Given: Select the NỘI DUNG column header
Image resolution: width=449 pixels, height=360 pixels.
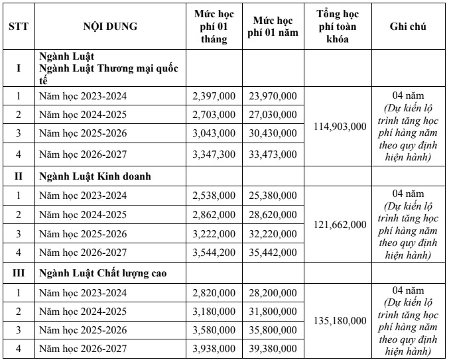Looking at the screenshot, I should pos(110,27).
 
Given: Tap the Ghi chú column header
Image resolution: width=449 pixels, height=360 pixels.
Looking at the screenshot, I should pos(408,27).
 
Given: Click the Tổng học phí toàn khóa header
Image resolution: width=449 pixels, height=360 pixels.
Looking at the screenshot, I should pos(342,27).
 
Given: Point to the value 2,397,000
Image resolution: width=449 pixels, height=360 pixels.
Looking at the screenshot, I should pos(213,96).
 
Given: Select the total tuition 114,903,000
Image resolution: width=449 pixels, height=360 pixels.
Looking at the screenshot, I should pos(342,126).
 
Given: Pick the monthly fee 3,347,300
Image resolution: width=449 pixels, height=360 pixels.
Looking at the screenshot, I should pos(213,154).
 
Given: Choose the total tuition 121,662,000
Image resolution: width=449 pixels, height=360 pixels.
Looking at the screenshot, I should pos(342,224).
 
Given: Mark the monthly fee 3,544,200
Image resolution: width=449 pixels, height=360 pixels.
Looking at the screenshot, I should pos(213,253).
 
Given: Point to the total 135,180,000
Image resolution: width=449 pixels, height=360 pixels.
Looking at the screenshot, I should pos(342,322).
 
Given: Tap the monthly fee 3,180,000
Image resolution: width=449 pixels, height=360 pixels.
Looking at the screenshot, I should pos(213,311).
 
